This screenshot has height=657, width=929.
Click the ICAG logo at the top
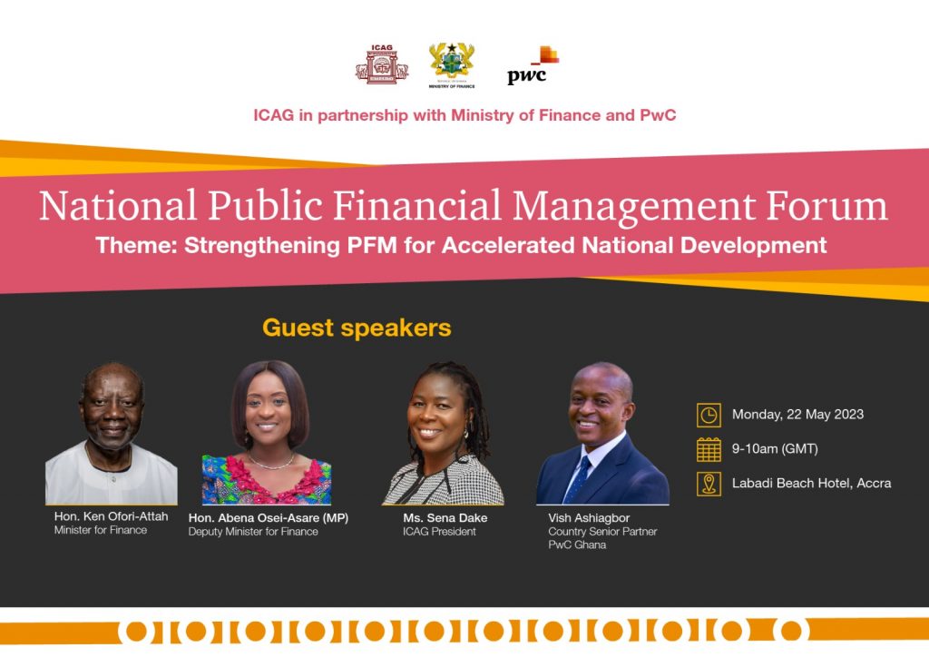(382, 64)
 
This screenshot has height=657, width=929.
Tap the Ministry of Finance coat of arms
(452, 65)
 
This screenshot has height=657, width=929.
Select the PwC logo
(533, 65)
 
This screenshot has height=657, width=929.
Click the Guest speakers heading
(357, 328)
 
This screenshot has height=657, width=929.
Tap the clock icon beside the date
(709, 416)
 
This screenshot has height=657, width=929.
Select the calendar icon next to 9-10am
(709, 450)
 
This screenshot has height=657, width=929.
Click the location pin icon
(709, 484)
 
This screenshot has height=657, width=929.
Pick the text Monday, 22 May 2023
(797, 415)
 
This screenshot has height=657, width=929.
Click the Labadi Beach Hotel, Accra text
(812, 484)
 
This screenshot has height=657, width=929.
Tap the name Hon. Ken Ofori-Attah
(112, 516)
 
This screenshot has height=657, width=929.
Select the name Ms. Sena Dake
(445, 518)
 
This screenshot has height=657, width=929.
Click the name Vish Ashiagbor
(589, 518)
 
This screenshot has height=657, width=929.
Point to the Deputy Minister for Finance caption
(253, 532)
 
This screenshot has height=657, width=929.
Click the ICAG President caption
(439, 532)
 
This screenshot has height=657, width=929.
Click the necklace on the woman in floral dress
(270, 462)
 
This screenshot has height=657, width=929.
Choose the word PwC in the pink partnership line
(658, 115)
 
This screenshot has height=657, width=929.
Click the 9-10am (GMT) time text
(775, 449)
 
